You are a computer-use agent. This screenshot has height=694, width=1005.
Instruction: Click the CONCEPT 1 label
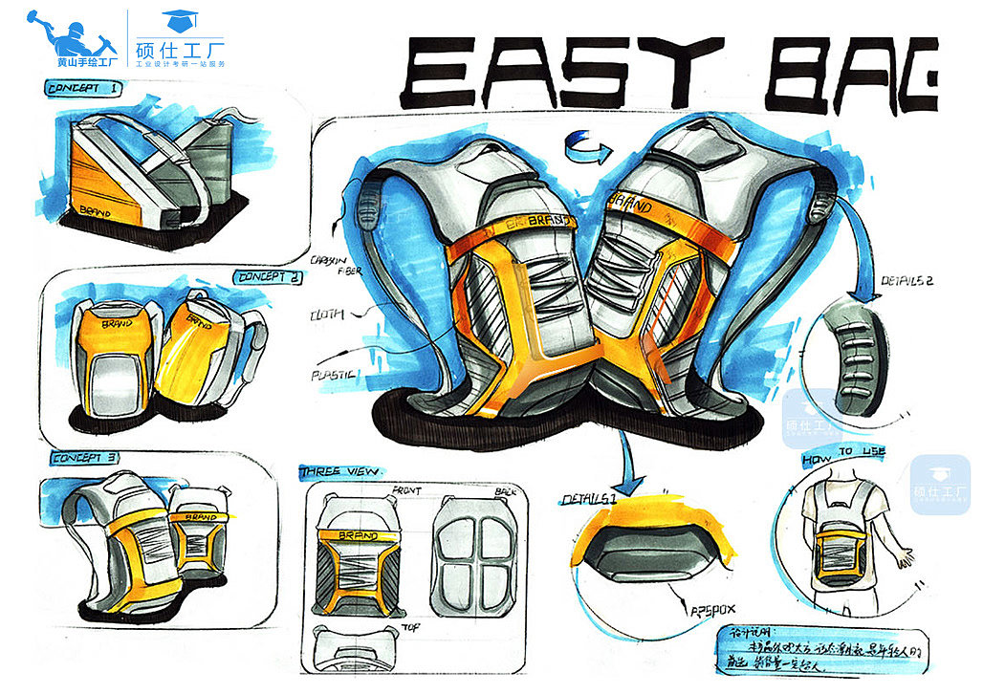click(x=85, y=89)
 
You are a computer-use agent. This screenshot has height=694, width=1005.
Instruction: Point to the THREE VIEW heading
click(x=340, y=472)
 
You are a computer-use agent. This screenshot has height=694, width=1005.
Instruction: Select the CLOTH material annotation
click(x=328, y=314)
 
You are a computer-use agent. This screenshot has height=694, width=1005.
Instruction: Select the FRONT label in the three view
click(x=406, y=490)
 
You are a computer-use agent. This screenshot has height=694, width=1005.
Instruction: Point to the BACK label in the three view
click(x=508, y=490)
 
